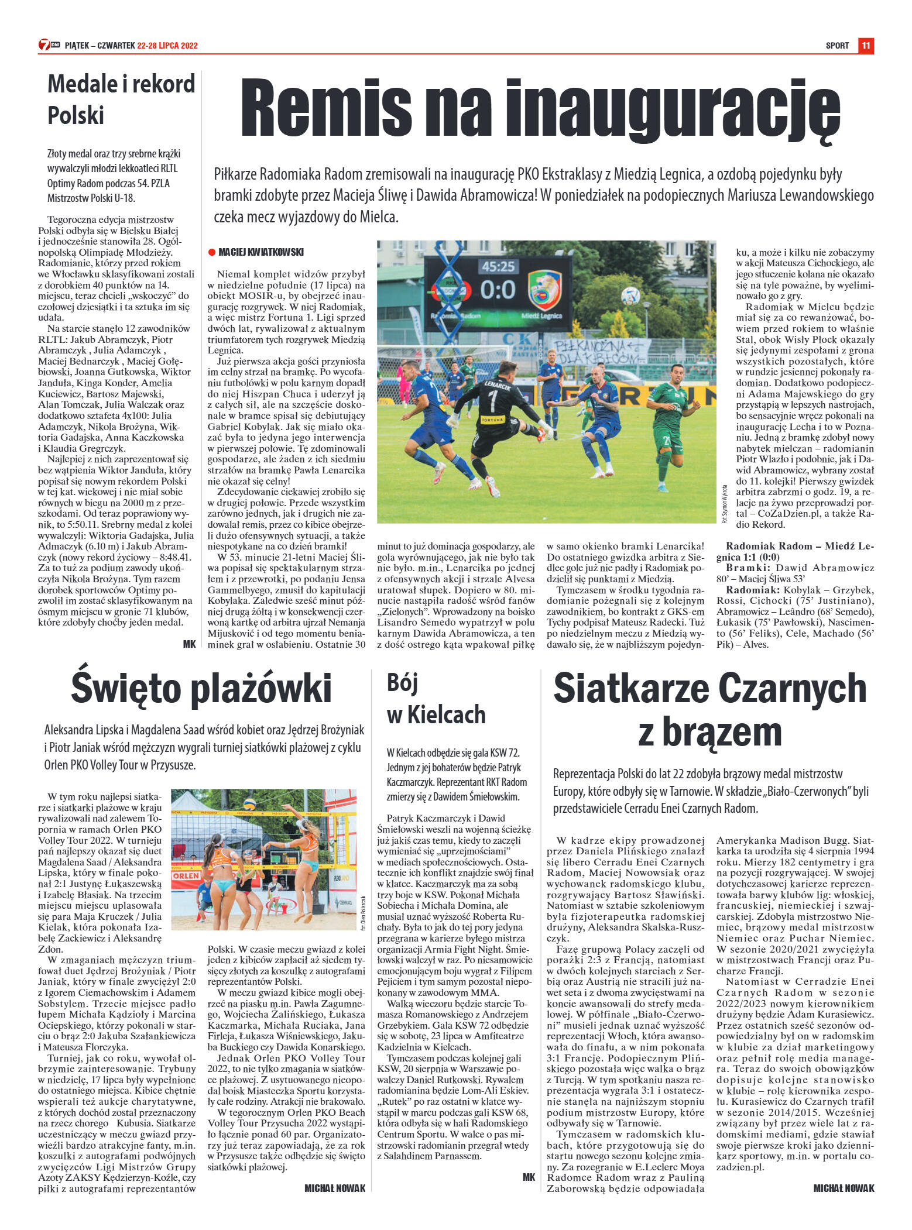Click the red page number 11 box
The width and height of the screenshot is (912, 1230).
(x=866, y=46)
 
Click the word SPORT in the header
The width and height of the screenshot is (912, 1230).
(x=837, y=46)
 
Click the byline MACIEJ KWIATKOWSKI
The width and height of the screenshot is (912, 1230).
(x=260, y=252)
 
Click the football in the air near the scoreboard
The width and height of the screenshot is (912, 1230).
(x=630, y=296)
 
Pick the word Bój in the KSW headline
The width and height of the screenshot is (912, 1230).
(x=402, y=683)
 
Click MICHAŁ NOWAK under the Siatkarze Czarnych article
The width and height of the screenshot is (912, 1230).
(x=844, y=1188)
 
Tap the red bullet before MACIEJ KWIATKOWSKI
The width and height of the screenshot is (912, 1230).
(x=211, y=252)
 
